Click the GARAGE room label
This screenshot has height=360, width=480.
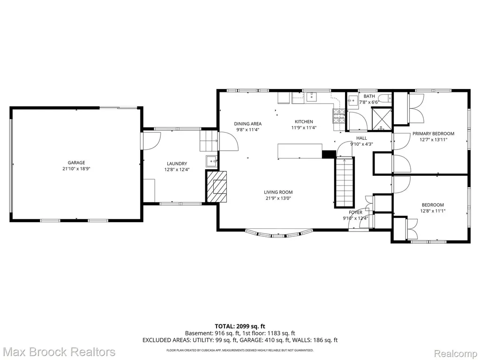pyautogui.click(x=76, y=163)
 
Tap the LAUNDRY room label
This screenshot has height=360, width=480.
pyautogui.click(x=177, y=164)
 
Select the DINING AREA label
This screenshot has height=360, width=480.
pyautogui.click(x=248, y=124)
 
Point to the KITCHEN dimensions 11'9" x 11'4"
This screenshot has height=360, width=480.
pyautogui.click(x=304, y=127)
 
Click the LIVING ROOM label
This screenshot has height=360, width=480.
pyautogui.click(x=278, y=192)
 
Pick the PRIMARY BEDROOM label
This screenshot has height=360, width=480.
pyautogui.click(x=434, y=134)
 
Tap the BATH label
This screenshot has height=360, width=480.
pyautogui.click(x=369, y=96)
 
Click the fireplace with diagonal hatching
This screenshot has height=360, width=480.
pyautogui.click(x=217, y=187)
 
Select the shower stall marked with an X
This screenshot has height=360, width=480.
pyautogui.click(x=382, y=119)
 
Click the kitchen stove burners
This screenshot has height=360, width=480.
pyautogui.click(x=339, y=116)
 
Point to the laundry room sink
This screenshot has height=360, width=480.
pyautogui.click(x=212, y=161)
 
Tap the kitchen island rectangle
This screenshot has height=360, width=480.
pyautogui.click(x=300, y=151)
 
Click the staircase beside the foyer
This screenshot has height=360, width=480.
pyautogui.click(x=345, y=182)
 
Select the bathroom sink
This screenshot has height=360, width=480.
pyautogui.click(x=353, y=100)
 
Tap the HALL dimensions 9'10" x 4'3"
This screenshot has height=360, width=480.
pyautogui.click(x=361, y=144)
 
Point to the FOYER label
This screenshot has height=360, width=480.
pyautogui.click(x=355, y=212)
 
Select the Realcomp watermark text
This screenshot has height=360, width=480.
pyautogui.click(x=456, y=353)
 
